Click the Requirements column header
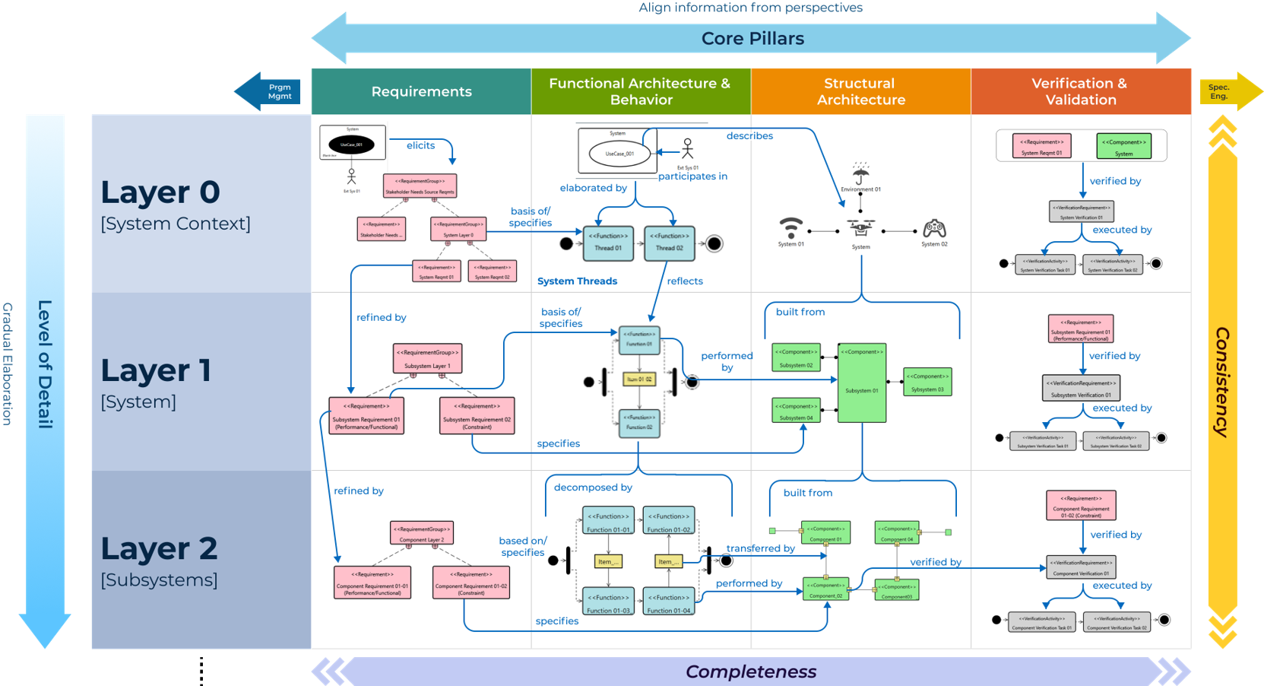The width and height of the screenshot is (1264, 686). (421, 91)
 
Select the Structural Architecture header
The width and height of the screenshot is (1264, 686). (860, 91)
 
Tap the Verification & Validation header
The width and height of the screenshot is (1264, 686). (1080, 91)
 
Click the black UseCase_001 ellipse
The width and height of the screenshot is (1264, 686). (351, 144)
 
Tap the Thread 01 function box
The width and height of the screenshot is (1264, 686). (608, 243)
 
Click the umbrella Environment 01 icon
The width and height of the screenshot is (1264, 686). (860, 174)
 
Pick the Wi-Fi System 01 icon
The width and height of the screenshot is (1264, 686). (790, 227)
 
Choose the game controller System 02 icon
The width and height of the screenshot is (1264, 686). (934, 227)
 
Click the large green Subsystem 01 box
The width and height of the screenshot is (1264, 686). (862, 383)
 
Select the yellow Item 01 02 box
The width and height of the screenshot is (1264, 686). (639, 379)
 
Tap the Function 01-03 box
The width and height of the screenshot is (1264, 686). (608, 601)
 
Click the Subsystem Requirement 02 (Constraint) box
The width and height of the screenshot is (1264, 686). (477, 416)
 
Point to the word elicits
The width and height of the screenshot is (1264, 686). (420, 145)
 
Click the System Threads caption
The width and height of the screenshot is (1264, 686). (577, 281)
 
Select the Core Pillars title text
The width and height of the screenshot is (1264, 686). (752, 39)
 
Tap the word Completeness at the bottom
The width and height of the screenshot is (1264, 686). (751, 672)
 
